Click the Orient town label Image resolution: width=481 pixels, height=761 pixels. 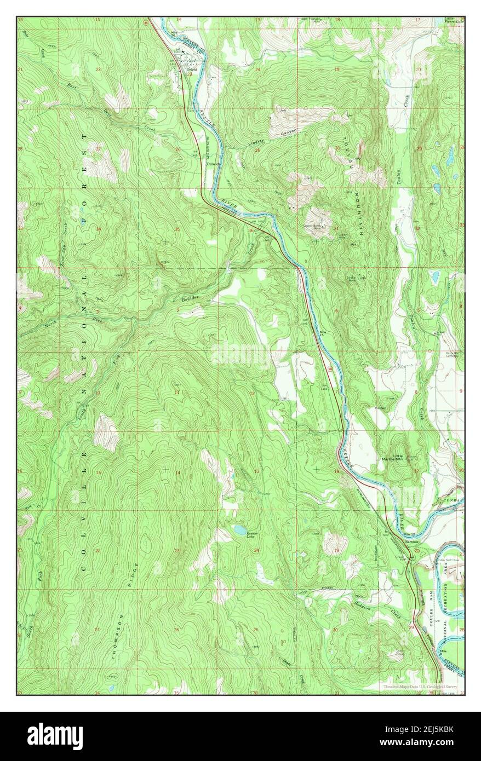pyautogui.click(x=191, y=70)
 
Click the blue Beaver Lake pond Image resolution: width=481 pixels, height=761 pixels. pyautogui.click(x=238, y=529)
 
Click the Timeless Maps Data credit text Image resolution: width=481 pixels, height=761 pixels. pyautogui.click(x=420, y=685)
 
